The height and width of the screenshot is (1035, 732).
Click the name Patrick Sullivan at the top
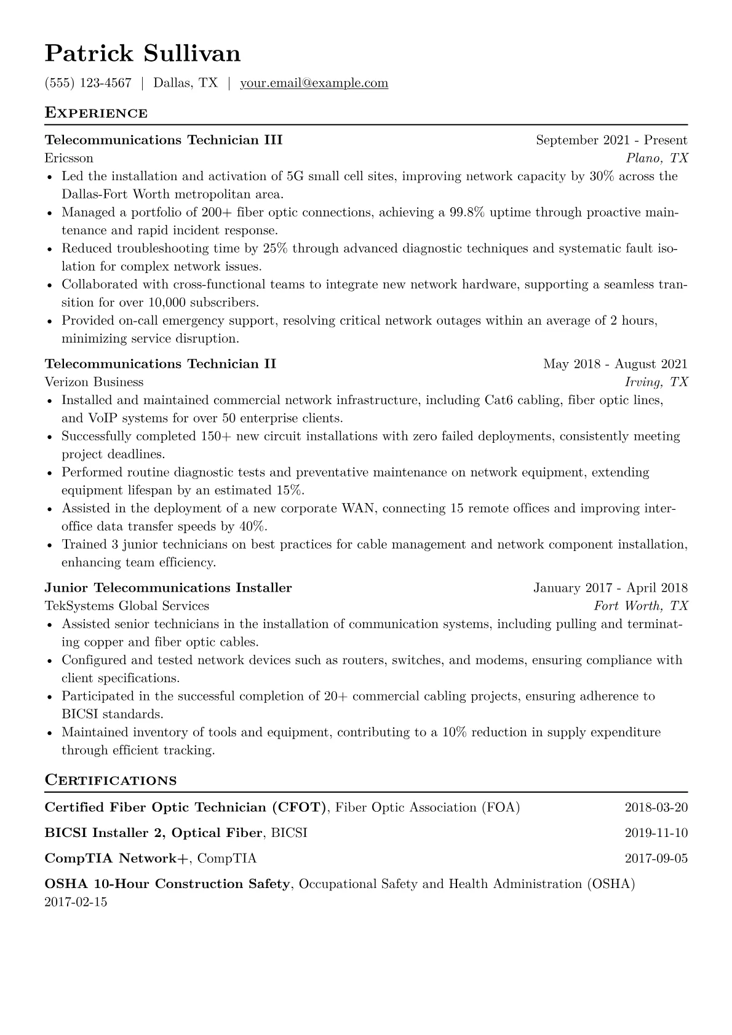143,54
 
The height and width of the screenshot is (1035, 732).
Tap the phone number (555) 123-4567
88,83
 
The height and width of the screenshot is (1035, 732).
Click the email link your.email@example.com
314,83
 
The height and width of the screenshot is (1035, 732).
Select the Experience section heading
96,113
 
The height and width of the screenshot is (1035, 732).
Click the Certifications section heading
111,780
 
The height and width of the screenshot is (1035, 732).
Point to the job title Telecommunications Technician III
164,140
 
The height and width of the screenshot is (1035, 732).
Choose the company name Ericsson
69,158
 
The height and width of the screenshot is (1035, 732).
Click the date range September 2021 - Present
611,140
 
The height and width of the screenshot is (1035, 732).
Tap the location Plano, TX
657,158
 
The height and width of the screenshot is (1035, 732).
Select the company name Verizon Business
94,382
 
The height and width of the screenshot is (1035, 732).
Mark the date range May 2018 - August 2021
615,364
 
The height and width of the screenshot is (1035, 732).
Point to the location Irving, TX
656,382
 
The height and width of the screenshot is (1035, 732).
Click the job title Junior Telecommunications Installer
169,588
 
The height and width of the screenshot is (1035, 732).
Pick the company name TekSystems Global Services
127,606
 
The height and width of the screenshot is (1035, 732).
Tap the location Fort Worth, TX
641,606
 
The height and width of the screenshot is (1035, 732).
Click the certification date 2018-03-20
656,807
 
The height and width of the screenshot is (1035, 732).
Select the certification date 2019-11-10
656,833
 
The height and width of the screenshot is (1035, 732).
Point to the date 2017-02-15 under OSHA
76,902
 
